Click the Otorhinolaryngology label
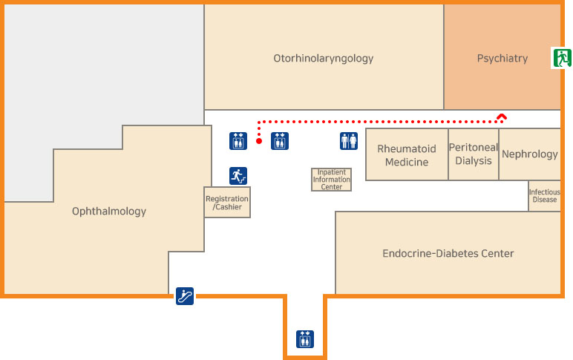pos(323,58)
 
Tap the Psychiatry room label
pos(502,58)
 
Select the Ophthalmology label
pos(109,212)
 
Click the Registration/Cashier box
pos(227,203)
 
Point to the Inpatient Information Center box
pos(331,180)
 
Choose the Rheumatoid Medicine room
pos(407,155)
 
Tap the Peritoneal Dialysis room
pos(474,154)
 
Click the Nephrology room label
pos(529,154)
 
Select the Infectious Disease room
pos(544,196)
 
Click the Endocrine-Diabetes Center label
pos(448,253)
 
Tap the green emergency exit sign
pos(561,57)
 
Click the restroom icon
pos(348,140)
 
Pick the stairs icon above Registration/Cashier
pos(238,176)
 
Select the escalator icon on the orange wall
pos(185,296)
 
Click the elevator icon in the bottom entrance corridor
pos(305,338)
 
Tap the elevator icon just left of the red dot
pos(238,140)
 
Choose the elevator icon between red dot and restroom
pos(279,140)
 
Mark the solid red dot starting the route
pos(258,140)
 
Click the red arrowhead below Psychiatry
pos(502,117)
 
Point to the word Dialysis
pos(474,160)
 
